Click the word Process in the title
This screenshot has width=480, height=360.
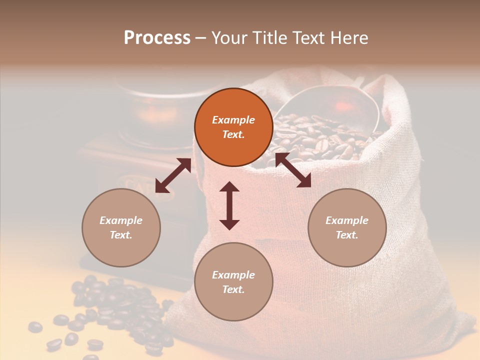pyautogui.click(x=157, y=38)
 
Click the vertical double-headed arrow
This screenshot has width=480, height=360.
pyautogui.click(x=229, y=205)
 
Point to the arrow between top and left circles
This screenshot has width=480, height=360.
pyautogui.click(x=173, y=175)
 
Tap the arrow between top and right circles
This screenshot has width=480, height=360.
pyautogui.click(x=293, y=170)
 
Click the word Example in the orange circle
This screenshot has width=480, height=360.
pyautogui.click(x=233, y=120)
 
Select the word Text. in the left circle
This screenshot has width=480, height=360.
pyautogui.click(x=121, y=235)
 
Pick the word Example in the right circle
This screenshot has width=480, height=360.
pyautogui.click(x=347, y=220)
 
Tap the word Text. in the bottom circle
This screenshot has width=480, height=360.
pyautogui.click(x=233, y=289)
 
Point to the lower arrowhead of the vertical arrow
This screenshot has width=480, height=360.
pyautogui.click(x=229, y=223)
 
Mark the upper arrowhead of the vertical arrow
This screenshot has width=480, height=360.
pyautogui.click(x=229, y=187)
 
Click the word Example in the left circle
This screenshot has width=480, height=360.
pyautogui.click(x=121, y=220)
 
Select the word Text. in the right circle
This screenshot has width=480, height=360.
pyautogui.click(x=347, y=235)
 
